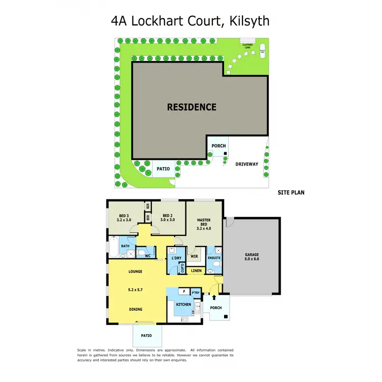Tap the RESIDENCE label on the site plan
[192, 107]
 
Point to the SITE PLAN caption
[291, 193]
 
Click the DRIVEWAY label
[247, 164]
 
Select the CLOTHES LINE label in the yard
[248, 46]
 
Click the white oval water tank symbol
[263, 52]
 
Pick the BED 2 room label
[168, 217]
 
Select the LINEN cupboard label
[197, 270]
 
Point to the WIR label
[194, 256]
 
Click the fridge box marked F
[183, 292]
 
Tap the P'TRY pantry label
[196, 292]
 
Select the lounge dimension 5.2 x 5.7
[135, 290]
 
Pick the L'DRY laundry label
[177, 258]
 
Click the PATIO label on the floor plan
[147, 335]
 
